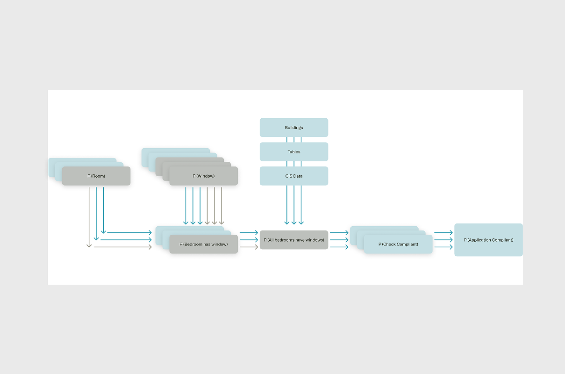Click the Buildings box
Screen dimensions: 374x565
click(294, 128)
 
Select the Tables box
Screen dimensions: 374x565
click(294, 152)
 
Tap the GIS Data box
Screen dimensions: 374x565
click(294, 176)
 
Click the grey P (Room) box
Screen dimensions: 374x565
click(96, 176)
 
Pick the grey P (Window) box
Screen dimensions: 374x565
click(204, 176)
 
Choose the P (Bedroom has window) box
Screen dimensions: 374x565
click(204, 245)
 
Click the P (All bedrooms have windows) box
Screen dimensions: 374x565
click(294, 240)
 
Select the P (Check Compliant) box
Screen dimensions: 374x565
click(398, 245)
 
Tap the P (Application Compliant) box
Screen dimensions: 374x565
click(488, 240)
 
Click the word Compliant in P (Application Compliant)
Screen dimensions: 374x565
click(501, 240)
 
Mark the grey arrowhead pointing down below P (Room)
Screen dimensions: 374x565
click(89, 245)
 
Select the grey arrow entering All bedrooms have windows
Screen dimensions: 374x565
click(249, 247)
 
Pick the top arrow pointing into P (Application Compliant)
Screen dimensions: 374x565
click(443, 233)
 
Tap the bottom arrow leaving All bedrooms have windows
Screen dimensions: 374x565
click(339, 247)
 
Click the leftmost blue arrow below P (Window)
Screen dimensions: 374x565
click(186, 206)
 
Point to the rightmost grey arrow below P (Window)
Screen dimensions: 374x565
click(222, 206)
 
